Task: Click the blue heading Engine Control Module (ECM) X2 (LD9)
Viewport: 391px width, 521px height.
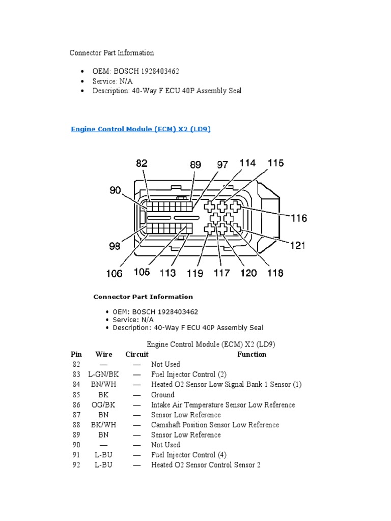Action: (140, 130)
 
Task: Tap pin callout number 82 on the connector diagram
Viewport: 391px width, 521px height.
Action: (142, 163)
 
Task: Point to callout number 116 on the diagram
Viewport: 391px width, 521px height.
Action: (299, 218)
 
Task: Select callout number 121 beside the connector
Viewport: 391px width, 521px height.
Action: (297, 246)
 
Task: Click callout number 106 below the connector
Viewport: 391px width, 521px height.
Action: (114, 274)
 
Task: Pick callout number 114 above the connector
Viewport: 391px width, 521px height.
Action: (247, 163)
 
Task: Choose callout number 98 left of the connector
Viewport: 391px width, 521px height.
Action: (115, 246)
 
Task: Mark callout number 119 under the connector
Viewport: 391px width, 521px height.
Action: (195, 273)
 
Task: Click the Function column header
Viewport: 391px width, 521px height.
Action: (252, 354)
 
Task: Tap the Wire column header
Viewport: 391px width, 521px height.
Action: (104, 354)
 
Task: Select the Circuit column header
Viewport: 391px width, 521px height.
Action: (137, 354)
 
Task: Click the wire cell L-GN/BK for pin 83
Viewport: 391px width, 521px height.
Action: (104, 374)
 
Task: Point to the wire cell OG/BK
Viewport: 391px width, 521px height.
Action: (104, 405)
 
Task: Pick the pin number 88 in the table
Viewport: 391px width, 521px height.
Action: (76, 425)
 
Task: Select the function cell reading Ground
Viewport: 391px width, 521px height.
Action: (163, 395)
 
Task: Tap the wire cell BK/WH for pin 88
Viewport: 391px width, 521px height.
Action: (104, 425)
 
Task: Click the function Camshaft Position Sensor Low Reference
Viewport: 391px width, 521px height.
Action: (215, 425)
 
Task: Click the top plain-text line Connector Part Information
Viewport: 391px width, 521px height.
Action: (111, 53)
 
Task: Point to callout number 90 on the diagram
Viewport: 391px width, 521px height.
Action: (115, 191)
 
